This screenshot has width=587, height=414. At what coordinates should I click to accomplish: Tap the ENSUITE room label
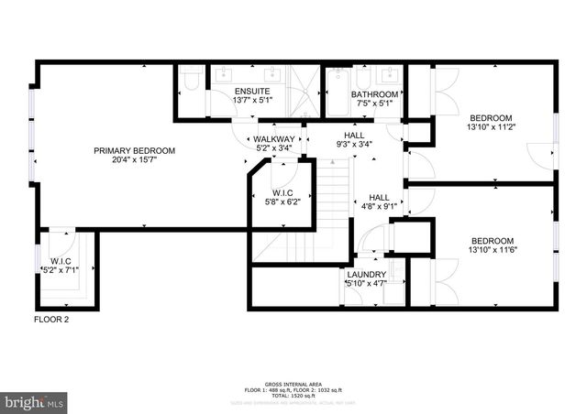point(251,92)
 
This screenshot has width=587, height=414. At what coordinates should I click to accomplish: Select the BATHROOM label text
point(374,94)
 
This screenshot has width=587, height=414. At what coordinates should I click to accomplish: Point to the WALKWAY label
point(274,138)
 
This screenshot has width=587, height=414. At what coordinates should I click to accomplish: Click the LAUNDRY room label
point(366,275)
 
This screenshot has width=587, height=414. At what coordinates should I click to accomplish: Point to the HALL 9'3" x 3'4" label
point(353,139)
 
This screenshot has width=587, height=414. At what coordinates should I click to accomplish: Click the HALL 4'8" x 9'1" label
point(379,202)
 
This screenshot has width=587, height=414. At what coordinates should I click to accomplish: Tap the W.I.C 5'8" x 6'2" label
point(282,197)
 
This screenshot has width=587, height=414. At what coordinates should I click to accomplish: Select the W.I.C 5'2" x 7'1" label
point(61,266)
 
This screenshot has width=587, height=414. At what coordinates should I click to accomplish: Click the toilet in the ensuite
point(189,83)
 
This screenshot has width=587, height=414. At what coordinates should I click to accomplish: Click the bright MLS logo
point(35,401)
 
